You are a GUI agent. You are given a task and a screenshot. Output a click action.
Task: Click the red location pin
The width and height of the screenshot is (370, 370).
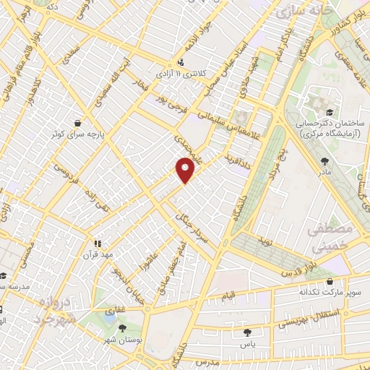pyautogui.click(x=186, y=168)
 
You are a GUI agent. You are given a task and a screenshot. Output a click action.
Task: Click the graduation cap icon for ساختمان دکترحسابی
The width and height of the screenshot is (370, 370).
pyautogui.click(x=329, y=112)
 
